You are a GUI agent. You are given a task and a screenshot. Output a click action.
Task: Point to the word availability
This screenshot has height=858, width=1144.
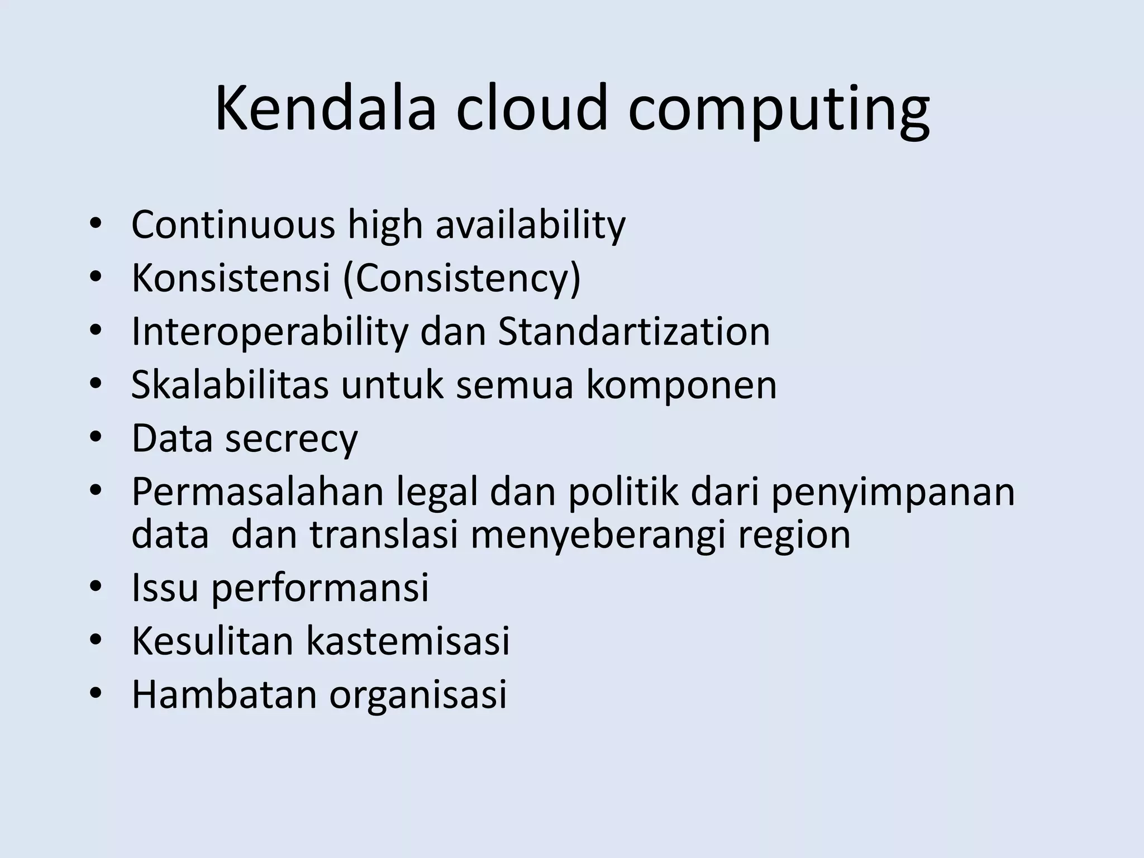point(530,226)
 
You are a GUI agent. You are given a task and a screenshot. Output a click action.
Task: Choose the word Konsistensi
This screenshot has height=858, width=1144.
point(231,278)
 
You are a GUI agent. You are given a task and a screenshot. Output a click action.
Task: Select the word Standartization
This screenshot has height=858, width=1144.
point(633,331)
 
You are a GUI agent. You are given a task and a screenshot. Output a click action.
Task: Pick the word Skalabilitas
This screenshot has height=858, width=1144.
point(230,385)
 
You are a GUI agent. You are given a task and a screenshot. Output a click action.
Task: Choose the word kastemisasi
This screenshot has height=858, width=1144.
point(408,641)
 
